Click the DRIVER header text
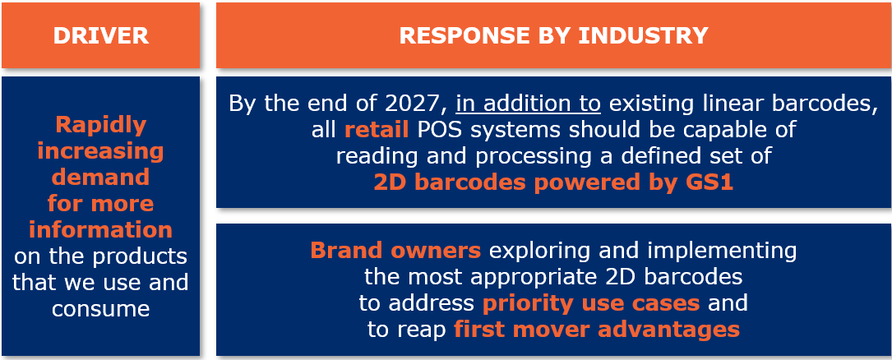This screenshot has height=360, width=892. coord(100,35)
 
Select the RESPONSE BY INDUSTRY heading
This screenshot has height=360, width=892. coord(553,35)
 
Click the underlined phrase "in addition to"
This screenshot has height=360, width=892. coord(528,104)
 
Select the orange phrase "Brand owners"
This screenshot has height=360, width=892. coord(395,250)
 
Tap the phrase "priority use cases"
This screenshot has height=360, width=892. coord(590,302)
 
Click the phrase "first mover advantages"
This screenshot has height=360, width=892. coord(596,329)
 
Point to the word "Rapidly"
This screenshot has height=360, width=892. coord(100,125)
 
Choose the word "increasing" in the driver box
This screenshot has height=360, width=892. coord(100,151)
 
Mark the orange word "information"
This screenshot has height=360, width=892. coord(100,229)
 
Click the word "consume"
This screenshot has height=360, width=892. coord(100,308)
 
